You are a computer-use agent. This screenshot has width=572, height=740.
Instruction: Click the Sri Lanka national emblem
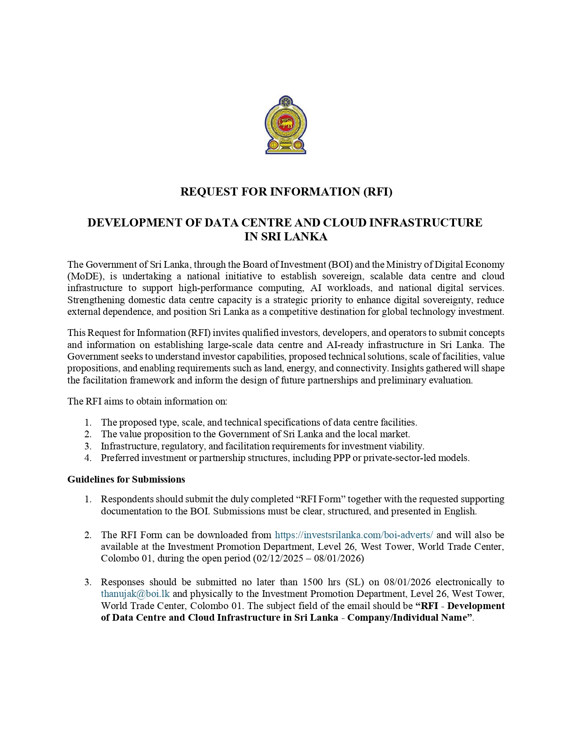coord(286,125)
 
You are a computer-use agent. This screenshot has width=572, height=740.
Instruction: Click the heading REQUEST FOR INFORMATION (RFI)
coord(286,192)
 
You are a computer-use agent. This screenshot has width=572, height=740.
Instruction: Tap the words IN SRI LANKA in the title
coord(286,237)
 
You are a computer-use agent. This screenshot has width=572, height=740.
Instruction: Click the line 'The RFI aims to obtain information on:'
coord(147,401)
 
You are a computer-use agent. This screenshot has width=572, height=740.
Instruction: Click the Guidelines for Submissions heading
coord(126,479)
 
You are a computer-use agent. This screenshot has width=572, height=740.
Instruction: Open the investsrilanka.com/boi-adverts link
coord(354,535)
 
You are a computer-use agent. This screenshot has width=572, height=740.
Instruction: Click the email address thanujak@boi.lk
coord(135,594)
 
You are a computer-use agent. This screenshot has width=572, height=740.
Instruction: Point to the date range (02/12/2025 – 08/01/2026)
coord(309,558)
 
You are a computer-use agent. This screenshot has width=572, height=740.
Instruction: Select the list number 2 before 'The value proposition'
coord(88,434)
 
